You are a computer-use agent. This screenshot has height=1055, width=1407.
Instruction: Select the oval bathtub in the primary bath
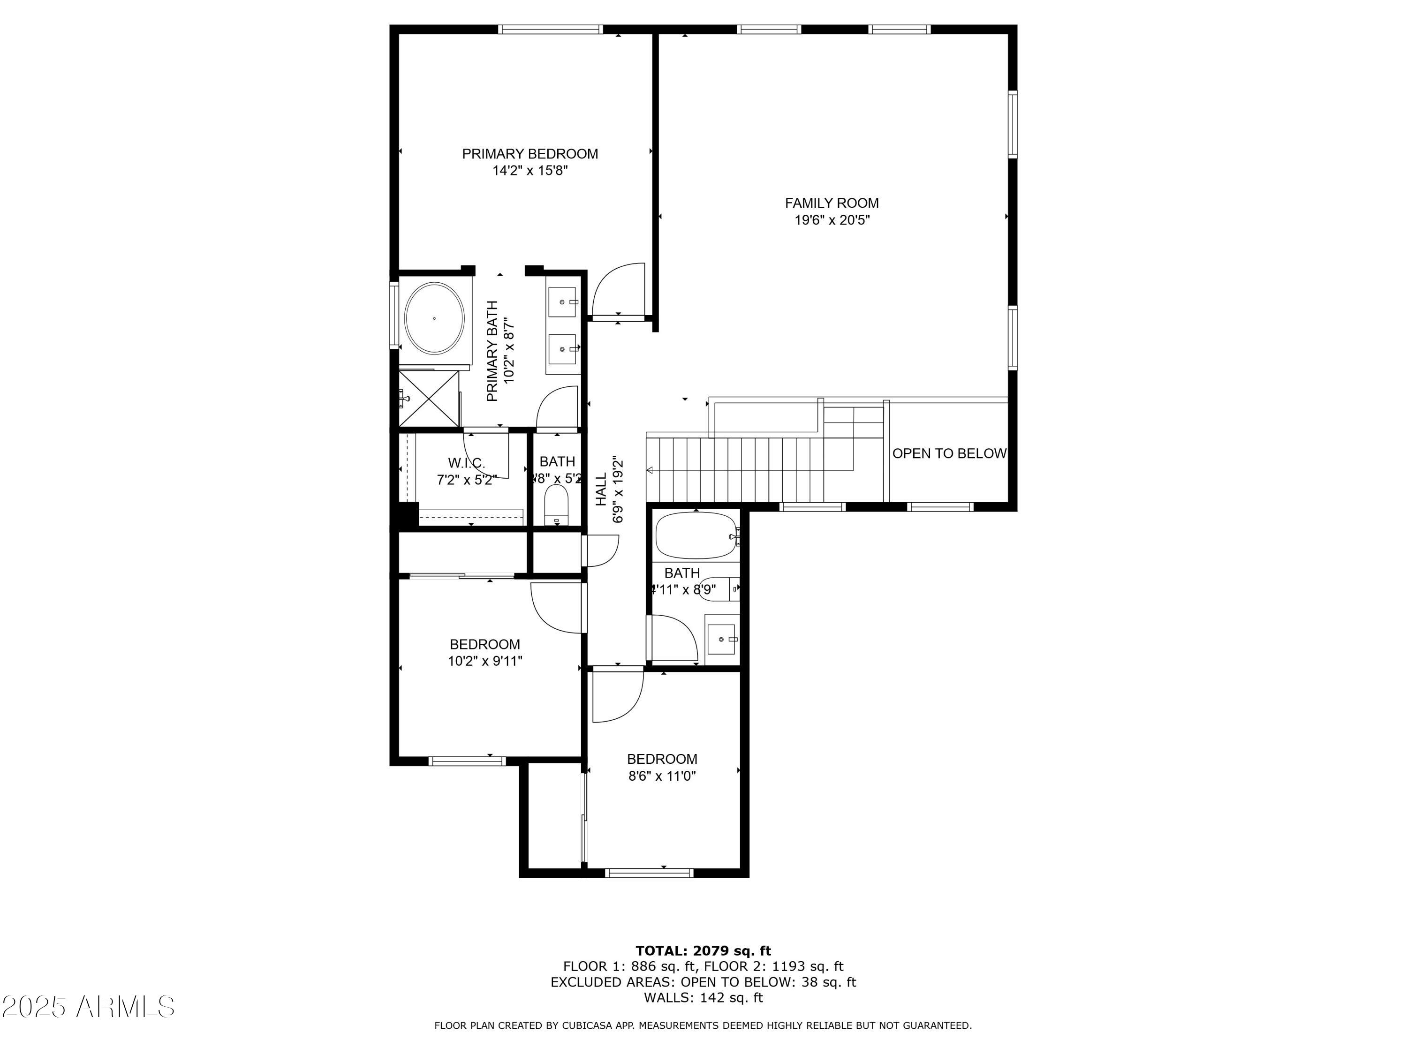(434, 318)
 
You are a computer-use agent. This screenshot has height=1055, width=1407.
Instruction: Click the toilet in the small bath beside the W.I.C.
(557, 504)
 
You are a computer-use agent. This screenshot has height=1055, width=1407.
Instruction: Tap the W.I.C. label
(466, 463)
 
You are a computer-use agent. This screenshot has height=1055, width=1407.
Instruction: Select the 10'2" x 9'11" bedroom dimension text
(484, 661)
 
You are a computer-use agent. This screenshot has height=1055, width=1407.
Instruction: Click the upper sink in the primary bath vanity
(562, 302)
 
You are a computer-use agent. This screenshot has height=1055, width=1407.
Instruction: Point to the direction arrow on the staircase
(650, 471)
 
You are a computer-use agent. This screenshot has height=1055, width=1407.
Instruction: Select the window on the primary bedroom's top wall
(550, 29)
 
